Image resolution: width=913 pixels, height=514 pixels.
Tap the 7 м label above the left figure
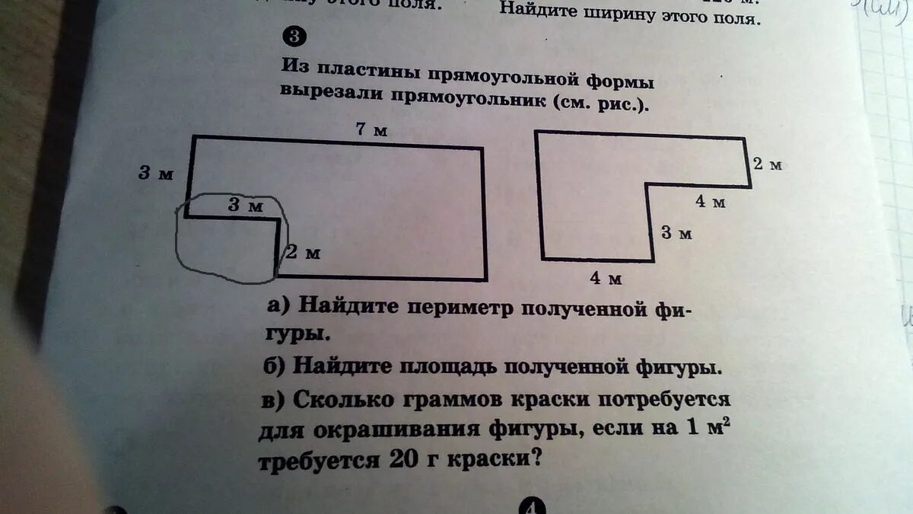pyautogui.click(x=372, y=130)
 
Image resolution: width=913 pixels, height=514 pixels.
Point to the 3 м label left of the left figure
pyautogui.click(x=156, y=174)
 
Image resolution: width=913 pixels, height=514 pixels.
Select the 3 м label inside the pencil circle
pyautogui.click(x=245, y=205)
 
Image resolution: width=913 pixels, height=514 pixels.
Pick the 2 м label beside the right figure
pyautogui.click(x=767, y=164)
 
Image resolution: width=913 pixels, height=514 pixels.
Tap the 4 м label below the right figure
pyautogui.click(x=606, y=279)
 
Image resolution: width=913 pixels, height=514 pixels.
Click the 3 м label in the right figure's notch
pyautogui.click(x=676, y=233)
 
